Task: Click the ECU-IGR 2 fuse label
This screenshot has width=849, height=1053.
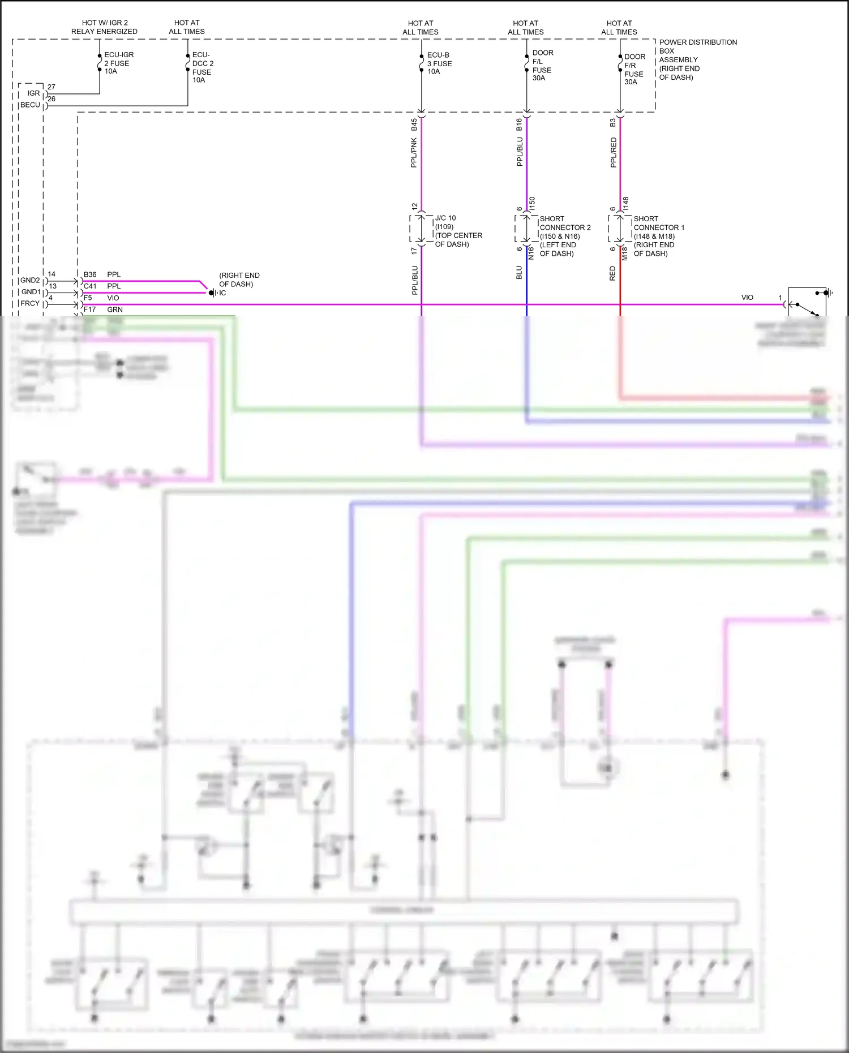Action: (118, 63)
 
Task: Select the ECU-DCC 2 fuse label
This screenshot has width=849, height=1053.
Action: (203, 67)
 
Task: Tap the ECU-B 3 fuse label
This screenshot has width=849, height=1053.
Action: (439, 63)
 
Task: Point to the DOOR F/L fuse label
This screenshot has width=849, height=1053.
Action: (542, 66)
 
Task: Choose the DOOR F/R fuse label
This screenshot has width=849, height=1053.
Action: (634, 69)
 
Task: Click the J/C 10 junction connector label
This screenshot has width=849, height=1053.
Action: (457, 231)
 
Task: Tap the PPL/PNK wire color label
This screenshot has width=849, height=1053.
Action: (414, 153)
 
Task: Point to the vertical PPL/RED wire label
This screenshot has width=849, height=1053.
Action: (614, 153)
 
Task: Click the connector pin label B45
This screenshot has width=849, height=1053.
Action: (414, 124)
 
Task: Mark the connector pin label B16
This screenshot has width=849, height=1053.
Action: (519, 124)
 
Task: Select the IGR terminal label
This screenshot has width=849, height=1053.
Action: (34, 93)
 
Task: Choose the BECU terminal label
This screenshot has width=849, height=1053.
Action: (31, 105)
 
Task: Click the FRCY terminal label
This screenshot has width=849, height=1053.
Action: (31, 304)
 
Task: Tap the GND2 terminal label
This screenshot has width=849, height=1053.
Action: (31, 281)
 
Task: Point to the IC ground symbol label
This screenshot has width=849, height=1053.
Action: (222, 293)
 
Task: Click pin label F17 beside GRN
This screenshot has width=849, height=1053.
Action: (89, 310)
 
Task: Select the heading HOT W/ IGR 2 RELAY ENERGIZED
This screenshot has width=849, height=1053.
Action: (104, 27)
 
